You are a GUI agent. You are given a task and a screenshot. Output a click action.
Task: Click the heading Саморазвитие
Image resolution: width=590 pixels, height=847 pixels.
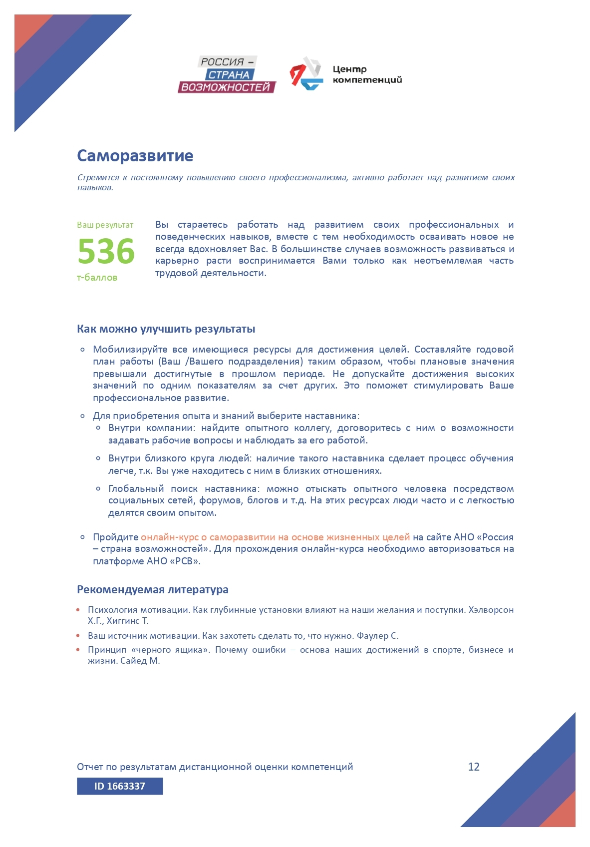point(135,156)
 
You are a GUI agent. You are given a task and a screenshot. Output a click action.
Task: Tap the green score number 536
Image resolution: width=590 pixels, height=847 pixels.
point(106,251)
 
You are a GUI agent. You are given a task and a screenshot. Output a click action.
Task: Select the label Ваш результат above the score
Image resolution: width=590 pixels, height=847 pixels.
point(105,225)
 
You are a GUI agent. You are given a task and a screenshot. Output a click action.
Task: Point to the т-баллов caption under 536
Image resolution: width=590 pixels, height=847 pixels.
point(97,278)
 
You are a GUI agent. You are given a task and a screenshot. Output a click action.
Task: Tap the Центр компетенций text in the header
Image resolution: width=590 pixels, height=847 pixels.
point(367,74)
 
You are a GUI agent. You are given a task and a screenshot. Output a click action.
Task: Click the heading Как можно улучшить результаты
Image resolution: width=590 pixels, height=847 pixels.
point(166,329)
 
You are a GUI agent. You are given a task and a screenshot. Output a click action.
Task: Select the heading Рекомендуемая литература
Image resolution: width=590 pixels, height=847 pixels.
point(152,590)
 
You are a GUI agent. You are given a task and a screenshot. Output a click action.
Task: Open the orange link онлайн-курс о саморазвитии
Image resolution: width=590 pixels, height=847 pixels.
point(275,537)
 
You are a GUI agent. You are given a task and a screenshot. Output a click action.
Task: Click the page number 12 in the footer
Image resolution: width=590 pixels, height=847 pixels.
point(474,767)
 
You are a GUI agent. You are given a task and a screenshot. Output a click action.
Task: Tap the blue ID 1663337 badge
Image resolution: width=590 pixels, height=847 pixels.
point(120,786)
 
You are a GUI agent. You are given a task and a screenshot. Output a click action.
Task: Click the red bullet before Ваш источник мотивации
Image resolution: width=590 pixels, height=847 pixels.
point(78,636)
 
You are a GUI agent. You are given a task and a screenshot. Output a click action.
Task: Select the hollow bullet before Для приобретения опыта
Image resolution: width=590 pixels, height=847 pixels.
point(83,416)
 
